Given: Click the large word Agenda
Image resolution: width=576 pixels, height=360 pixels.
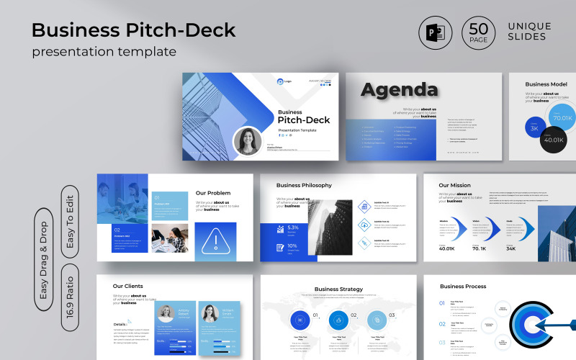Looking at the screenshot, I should (399, 90).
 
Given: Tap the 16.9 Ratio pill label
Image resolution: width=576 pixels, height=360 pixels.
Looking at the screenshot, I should (71, 299).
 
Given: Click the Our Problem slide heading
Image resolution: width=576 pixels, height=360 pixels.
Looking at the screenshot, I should (213, 193).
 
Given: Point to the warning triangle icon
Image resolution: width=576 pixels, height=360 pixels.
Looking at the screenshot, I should (215, 242).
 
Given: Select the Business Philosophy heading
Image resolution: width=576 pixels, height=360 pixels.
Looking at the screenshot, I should (310, 185).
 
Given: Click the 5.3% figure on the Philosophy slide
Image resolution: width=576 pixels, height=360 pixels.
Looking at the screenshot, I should (293, 228).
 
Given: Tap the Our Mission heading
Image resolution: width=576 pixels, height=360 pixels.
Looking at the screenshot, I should (455, 185).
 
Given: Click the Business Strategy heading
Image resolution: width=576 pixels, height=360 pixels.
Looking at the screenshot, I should (338, 289).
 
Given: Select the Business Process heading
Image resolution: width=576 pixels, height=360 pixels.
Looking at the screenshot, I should (463, 287).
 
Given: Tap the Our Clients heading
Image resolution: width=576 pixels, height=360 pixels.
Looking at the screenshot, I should (128, 287).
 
